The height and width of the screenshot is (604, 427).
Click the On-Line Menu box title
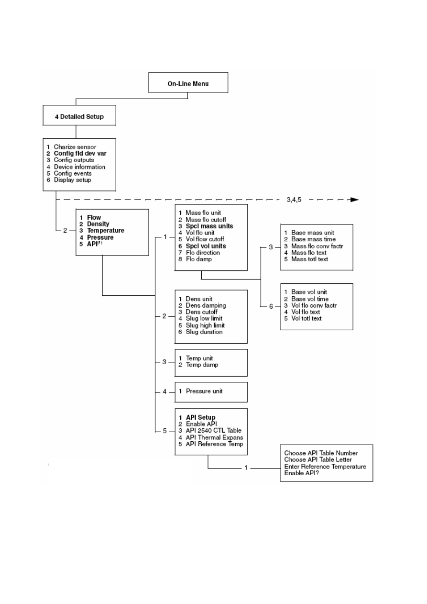coord(188,84)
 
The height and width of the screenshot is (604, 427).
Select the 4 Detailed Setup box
coord(79,115)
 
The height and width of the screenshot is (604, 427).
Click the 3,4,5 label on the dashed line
coord(294,200)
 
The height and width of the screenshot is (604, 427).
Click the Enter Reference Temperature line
coord(325,467)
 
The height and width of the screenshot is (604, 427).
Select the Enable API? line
coord(302,473)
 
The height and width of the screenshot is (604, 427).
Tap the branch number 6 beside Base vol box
coord(271,307)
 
